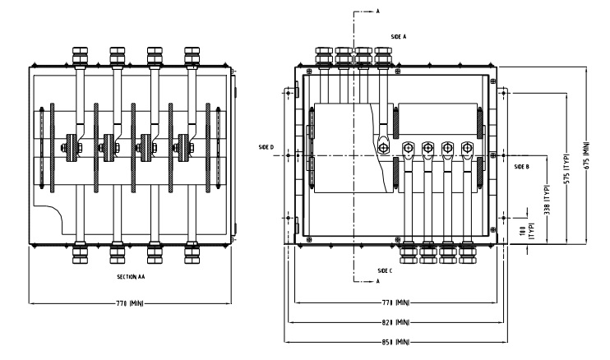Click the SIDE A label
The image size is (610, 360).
(x=399, y=38)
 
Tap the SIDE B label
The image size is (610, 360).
(x=520, y=166)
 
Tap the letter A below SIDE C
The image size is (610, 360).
(x=377, y=281)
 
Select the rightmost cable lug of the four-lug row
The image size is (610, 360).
(x=468, y=149)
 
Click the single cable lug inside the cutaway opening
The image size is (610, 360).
(x=383, y=147)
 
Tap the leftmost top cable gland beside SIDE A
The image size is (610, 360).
(x=323, y=56)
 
